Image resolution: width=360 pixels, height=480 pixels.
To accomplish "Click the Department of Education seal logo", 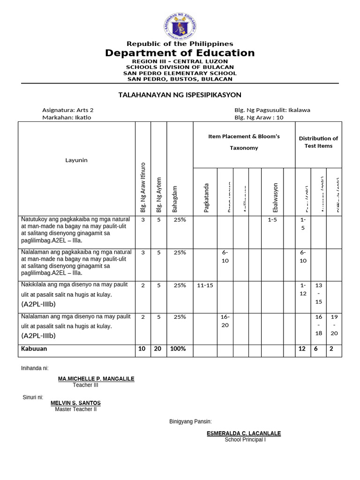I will pyautogui.click(x=180, y=26).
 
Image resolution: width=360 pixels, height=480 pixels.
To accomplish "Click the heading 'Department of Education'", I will pyautogui.click(x=180, y=53).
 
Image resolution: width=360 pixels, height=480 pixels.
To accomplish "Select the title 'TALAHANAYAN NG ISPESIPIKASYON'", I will pyautogui.click(x=180, y=95).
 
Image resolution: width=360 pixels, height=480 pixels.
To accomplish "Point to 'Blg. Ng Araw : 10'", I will pyautogui.click(x=259, y=117).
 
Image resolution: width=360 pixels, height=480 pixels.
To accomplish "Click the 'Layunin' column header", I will pyautogui.click(x=76, y=160).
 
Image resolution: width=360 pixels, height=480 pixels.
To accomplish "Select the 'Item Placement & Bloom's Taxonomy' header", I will pyautogui.click(x=244, y=142).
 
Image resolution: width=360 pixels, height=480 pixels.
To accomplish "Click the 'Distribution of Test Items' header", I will pyautogui.click(x=318, y=142).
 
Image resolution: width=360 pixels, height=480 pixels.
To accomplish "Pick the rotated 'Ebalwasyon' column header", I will pyautogui.click(x=275, y=197).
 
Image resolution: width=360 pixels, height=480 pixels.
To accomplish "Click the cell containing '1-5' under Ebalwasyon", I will pyautogui.click(x=272, y=219).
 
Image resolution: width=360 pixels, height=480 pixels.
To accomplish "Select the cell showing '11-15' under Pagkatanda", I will pyautogui.click(x=205, y=285).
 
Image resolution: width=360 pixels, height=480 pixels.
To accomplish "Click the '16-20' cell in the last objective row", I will pyautogui.click(x=225, y=321).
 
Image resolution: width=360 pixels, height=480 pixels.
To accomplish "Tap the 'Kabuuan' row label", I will pyautogui.click(x=34, y=349).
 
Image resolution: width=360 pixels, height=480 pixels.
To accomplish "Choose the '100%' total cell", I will pyautogui.click(x=178, y=349).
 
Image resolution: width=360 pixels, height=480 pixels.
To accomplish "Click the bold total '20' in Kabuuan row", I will pyautogui.click(x=158, y=349).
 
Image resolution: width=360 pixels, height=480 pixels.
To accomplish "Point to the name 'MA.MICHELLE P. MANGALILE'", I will pyautogui.click(x=96, y=378).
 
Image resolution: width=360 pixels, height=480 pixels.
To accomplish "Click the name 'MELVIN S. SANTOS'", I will pyautogui.click(x=75, y=403).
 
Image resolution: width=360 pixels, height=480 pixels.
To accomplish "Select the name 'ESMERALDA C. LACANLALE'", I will pyautogui.click(x=244, y=434).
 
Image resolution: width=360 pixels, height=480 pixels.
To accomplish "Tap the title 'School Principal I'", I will pyautogui.click(x=245, y=440).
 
